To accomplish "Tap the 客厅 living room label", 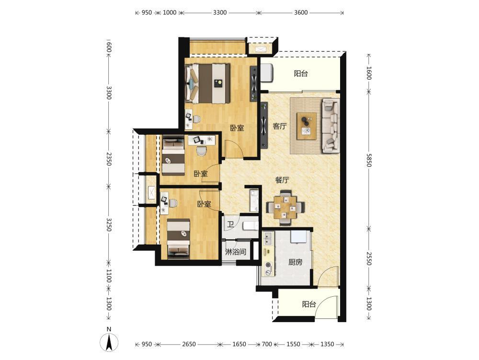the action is (x=280, y=126).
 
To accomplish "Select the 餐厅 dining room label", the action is (x=282, y=180).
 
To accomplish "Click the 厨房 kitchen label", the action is (x=296, y=262).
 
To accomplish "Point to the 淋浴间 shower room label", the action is (x=236, y=252).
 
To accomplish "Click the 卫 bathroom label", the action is (x=230, y=225).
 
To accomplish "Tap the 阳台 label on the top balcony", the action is (x=301, y=73).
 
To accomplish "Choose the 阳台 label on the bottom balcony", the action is (x=309, y=304).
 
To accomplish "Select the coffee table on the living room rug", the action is (x=307, y=126).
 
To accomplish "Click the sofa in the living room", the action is (x=331, y=126).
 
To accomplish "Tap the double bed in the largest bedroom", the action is (x=208, y=83).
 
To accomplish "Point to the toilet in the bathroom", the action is (x=251, y=226).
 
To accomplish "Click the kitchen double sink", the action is (x=269, y=238).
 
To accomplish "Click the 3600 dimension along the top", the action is (x=301, y=12).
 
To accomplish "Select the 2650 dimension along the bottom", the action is (x=189, y=344).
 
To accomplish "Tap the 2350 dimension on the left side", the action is (x=109, y=159).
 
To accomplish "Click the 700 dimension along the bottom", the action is (x=267, y=344).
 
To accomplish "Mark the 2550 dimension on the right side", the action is (x=369, y=258).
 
